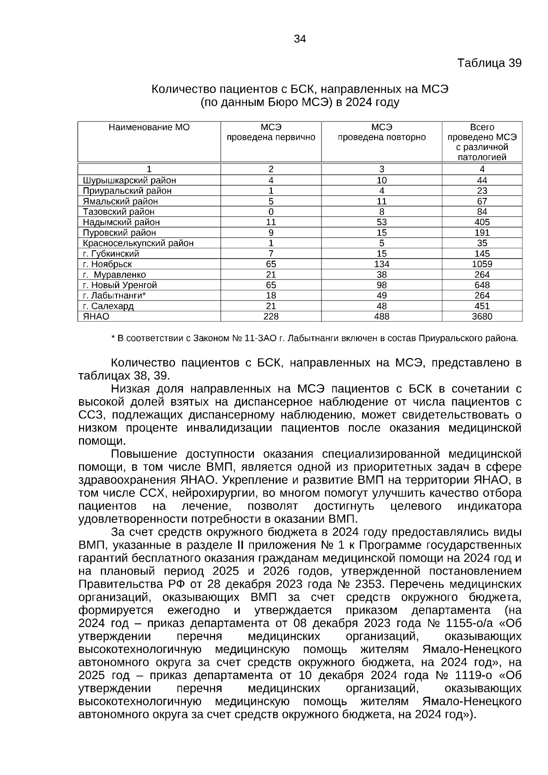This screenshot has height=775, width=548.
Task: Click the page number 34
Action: click(300, 39)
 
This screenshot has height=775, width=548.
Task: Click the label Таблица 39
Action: click(489, 63)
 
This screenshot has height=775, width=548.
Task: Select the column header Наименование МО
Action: click(149, 127)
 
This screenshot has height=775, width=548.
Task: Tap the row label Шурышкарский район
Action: click(129, 180)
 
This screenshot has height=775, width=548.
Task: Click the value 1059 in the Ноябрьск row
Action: click(482, 264)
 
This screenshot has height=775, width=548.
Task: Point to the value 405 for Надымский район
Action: click(482, 222)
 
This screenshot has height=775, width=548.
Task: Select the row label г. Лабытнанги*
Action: click(115, 295)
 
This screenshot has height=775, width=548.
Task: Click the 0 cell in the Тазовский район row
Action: click(271, 212)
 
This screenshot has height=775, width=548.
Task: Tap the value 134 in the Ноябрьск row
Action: click(381, 264)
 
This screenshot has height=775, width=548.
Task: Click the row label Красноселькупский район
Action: click(138, 243)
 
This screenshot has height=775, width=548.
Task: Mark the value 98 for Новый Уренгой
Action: click(381, 285)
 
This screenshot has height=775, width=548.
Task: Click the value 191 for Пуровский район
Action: click(482, 233)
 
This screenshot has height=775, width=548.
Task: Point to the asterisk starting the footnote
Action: click(113, 338)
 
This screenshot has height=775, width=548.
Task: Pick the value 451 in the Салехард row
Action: click(482, 306)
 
